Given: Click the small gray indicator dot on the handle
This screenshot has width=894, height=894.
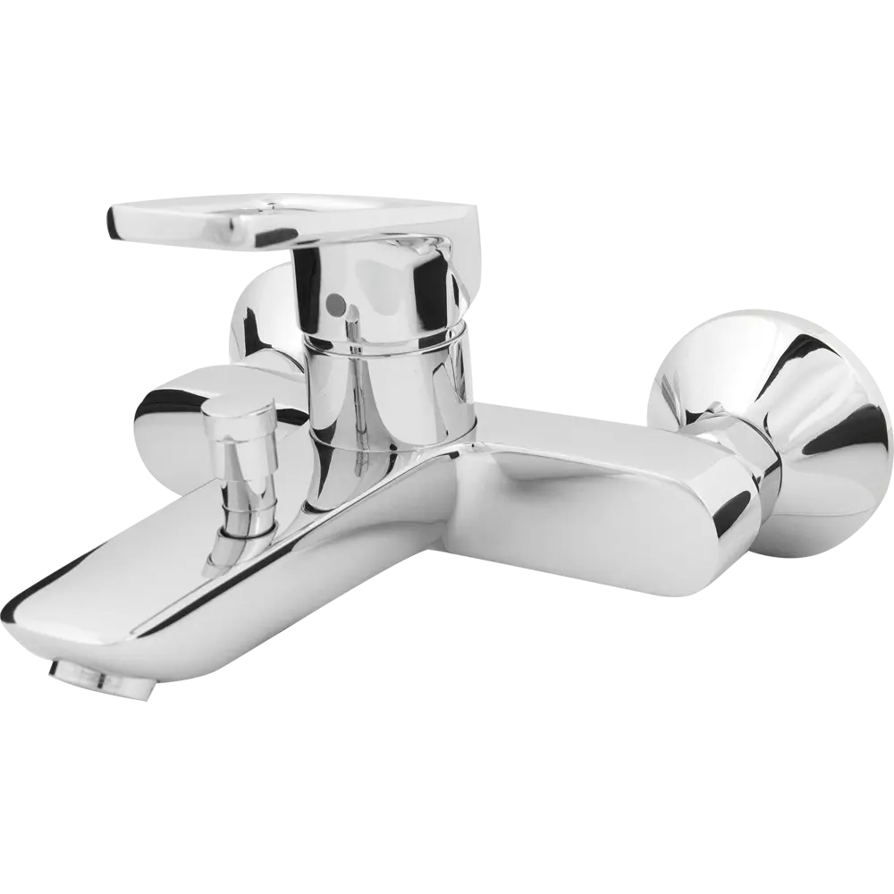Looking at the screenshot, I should [333, 305].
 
